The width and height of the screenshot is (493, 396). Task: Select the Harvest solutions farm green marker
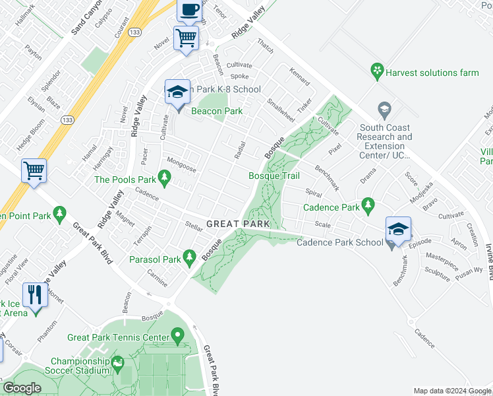(377, 71)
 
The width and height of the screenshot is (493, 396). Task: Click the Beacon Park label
(217, 112)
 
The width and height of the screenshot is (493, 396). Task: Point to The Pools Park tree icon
(165, 178)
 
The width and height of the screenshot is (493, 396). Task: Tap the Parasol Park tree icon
(190, 256)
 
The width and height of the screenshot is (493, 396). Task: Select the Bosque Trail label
(274, 176)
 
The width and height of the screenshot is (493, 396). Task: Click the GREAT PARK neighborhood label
(238, 224)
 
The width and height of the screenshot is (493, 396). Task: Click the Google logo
(22, 388)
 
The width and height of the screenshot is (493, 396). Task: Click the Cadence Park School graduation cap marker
(398, 229)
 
